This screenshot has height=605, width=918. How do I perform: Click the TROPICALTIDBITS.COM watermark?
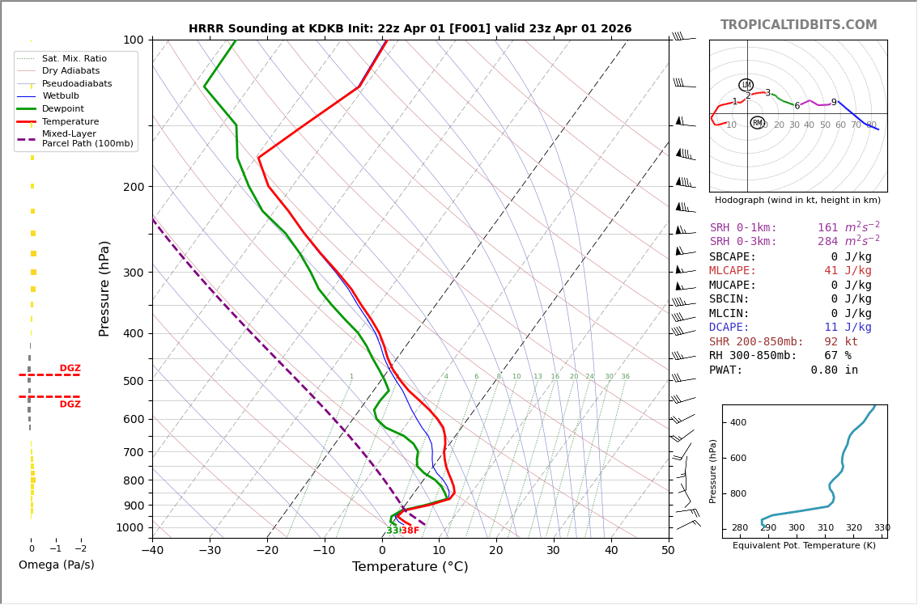[x=798, y=25]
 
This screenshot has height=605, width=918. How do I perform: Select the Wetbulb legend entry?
[x=64, y=96]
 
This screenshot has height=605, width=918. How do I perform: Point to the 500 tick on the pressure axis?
[x=133, y=381]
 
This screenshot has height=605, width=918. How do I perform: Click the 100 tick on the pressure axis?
[x=133, y=40]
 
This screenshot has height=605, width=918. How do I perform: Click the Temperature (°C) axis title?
[x=410, y=567]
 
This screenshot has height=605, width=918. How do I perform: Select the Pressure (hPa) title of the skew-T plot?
[x=104, y=288]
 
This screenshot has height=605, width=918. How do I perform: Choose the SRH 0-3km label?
[x=743, y=242]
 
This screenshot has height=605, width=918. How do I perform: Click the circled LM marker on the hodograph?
[x=746, y=85]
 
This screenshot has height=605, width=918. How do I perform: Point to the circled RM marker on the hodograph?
[x=757, y=123]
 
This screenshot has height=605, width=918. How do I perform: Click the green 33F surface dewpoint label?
[x=393, y=531]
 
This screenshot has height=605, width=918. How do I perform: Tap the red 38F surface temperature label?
[x=410, y=531]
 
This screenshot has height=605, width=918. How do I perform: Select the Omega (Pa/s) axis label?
[x=56, y=565]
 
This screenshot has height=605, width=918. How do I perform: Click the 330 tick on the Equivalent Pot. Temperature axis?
[x=882, y=528]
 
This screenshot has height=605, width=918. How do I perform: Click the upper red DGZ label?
[x=70, y=369]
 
